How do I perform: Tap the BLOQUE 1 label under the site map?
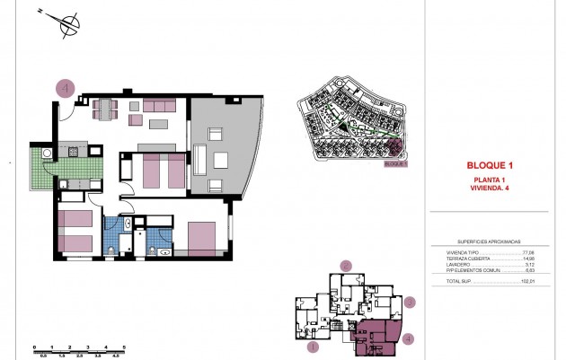395,164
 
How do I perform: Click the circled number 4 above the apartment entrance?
66,88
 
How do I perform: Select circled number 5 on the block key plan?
345,266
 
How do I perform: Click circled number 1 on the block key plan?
314,346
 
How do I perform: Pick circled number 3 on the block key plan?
409,303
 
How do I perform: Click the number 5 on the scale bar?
124,347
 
